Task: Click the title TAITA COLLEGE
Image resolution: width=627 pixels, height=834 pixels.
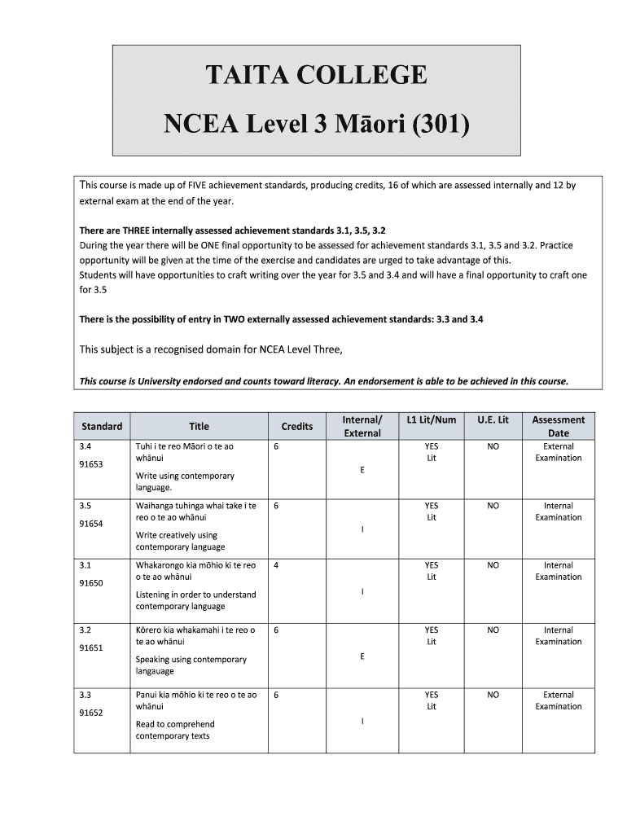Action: pyautogui.click(x=316, y=75)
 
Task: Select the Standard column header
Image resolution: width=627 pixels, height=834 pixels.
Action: pyautogui.click(x=102, y=426)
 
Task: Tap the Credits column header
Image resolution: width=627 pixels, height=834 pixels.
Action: pyautogui.click(x=296, y=426)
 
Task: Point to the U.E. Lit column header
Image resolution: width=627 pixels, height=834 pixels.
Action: pyautogui.click(x=493, y=419)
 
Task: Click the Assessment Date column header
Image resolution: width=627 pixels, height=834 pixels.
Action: pyautogui.click(x=558, y=426)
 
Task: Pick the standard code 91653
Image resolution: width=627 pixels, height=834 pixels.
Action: pyautogui.click(x=90, y=463)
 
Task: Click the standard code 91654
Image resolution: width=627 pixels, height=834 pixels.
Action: pyautogui.click(x=90, y=524)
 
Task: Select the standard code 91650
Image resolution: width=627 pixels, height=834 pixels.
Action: pyautogui.click(x=90, y=583)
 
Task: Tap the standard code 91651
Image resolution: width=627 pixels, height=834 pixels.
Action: pyautogui.click(x=90, y=647)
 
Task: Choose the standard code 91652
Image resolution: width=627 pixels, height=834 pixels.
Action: pyautogui.click(x=90, y=713)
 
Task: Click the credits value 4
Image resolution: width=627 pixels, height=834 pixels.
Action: pyautogui.click(x=277, y=565)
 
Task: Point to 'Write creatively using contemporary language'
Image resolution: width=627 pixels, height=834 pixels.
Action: pyautogui.click(x=180, y=541)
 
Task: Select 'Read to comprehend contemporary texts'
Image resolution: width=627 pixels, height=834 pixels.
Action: pyautogui.click(x=174, y=730)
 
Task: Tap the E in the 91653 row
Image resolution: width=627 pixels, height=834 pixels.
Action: pyautogui.click(x=362, y=470)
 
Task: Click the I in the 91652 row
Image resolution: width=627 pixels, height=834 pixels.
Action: pyautogui.click(x=362, y=721)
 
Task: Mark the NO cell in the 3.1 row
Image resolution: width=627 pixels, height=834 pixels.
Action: pyautogui.click(x=493, y=565)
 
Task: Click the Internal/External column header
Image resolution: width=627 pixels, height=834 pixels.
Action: pyautogui.click(x=362, y=426)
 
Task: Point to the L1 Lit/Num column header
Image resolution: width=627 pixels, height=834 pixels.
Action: pyautogui.click(x=431, y=419)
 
